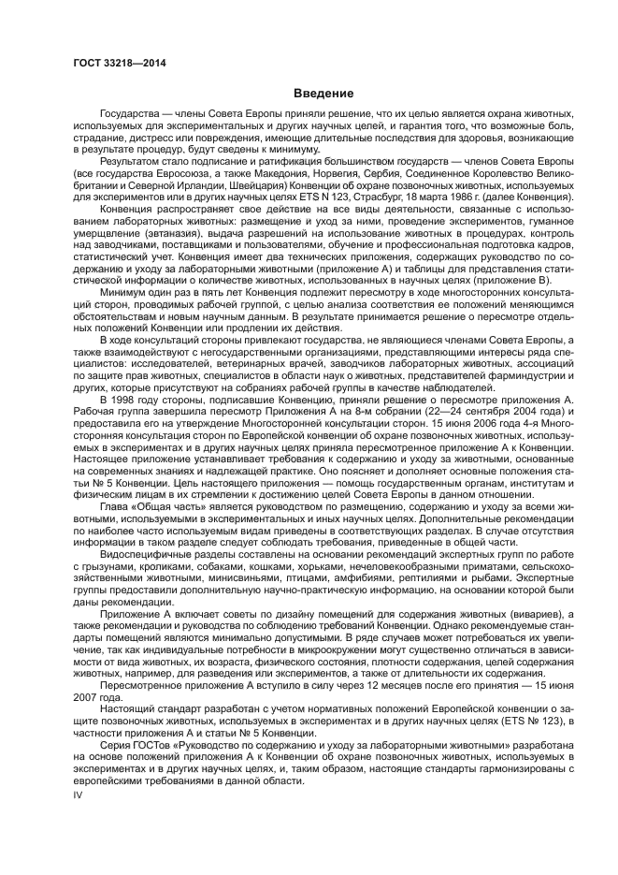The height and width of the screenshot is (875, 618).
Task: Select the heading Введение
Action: click(x=323, y=94)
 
